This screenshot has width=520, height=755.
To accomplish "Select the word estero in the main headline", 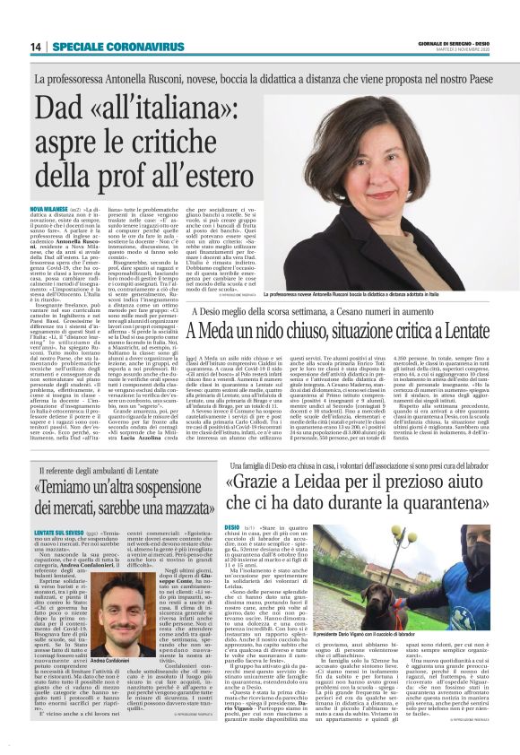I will point(202,176).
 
